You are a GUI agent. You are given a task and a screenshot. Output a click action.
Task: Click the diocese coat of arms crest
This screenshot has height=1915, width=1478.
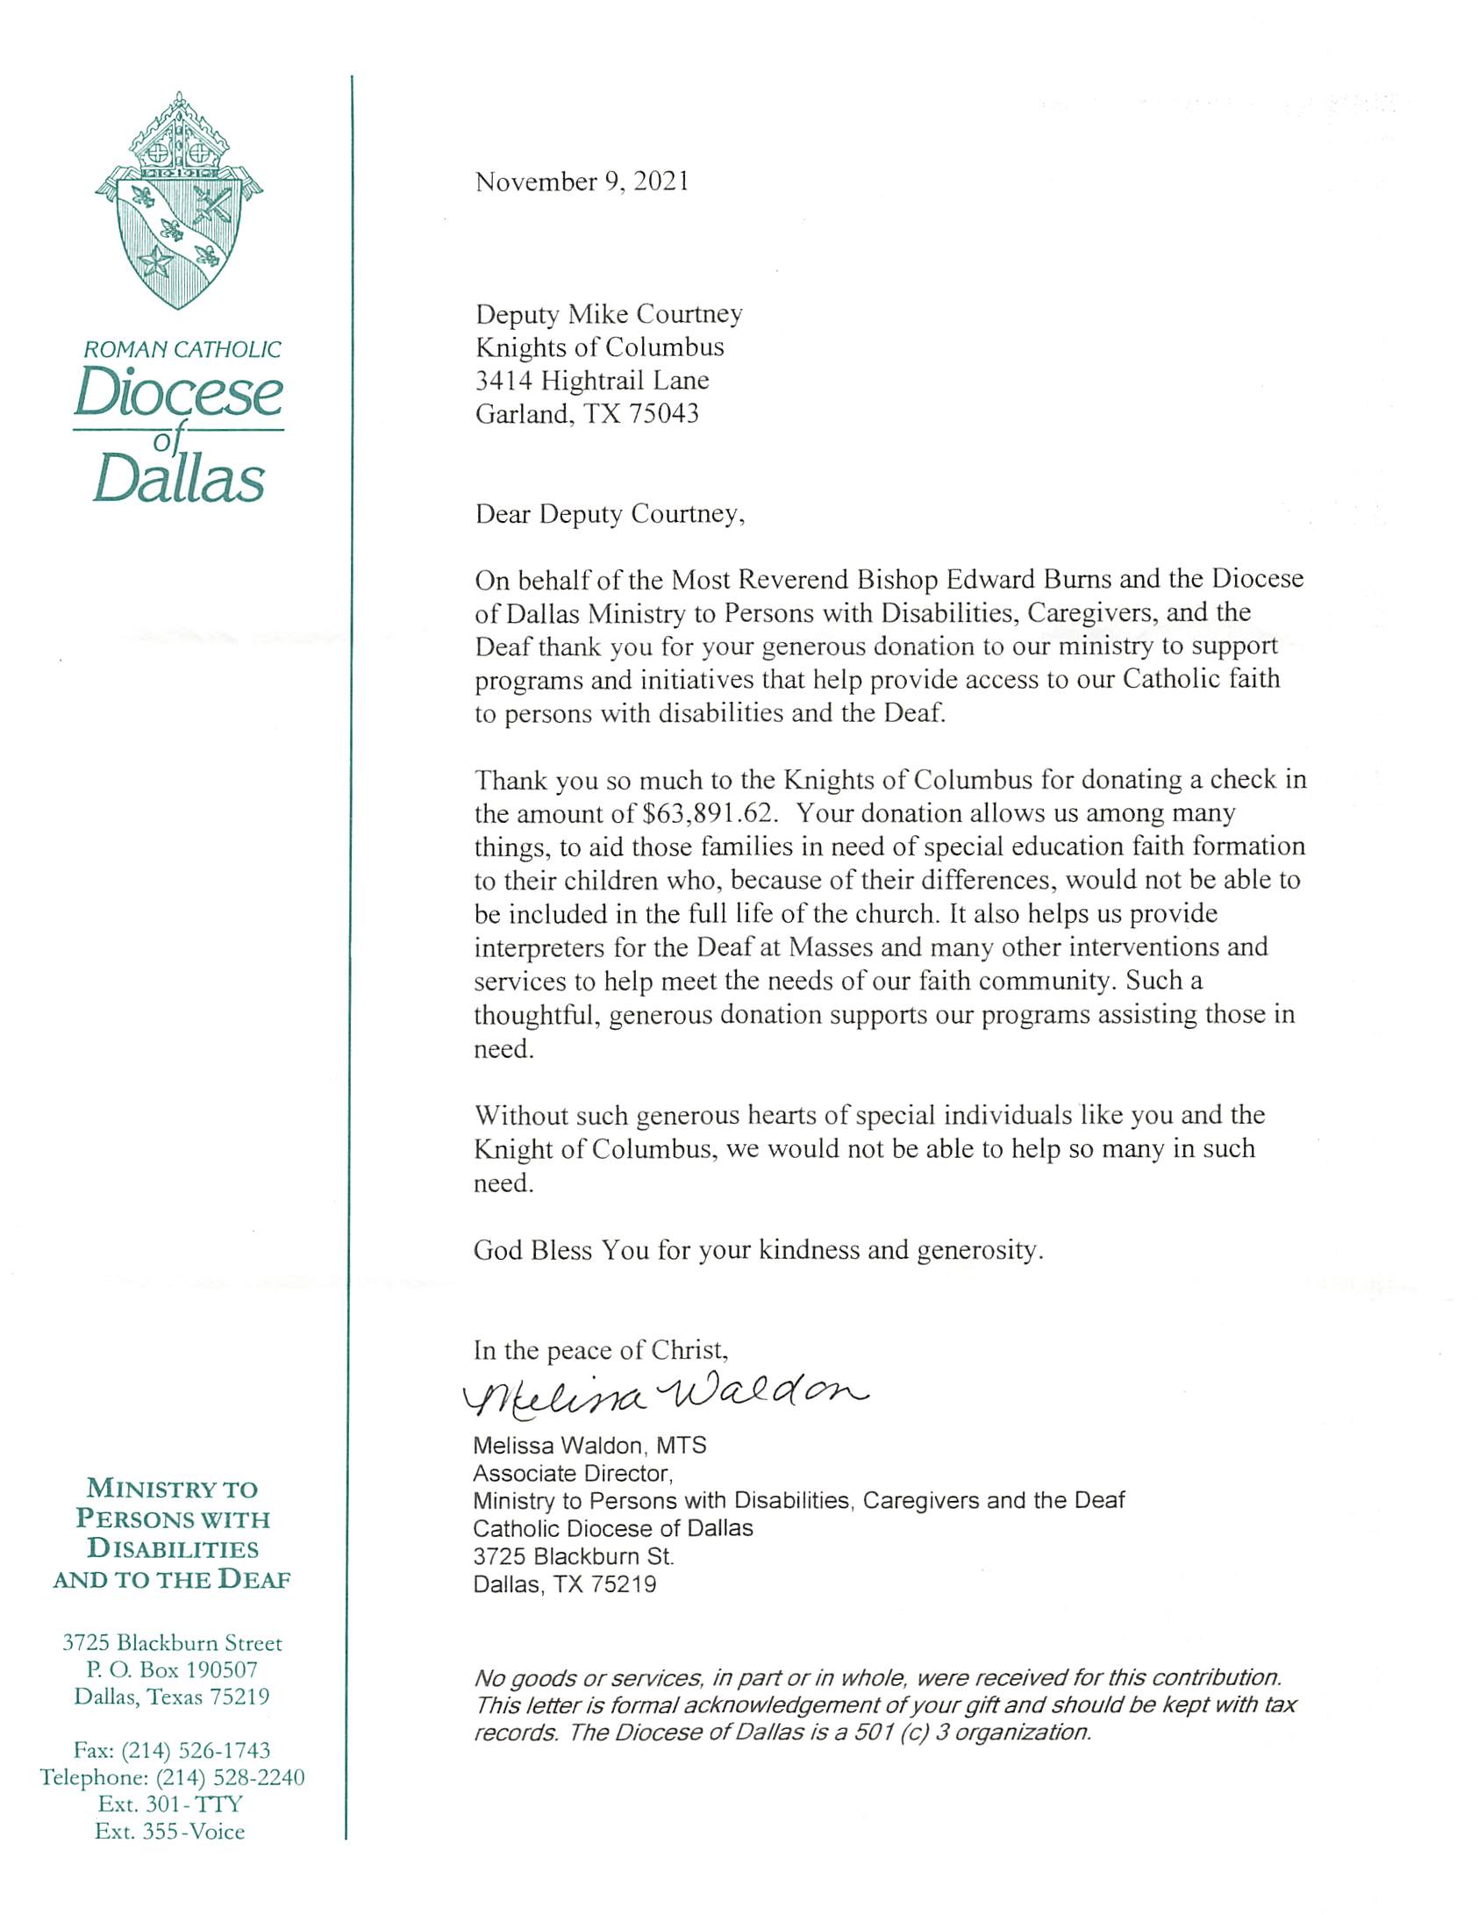(x=179, y=202)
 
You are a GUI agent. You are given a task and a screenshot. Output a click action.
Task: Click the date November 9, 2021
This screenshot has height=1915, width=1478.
(x=582, y=182)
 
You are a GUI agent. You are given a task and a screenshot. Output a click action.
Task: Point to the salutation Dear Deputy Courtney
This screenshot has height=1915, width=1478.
(x=610, y=513)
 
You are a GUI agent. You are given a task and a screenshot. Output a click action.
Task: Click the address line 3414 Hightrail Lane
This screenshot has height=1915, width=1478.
(x=592, y=380)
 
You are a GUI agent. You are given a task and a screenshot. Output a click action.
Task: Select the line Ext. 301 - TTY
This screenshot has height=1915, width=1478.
(x=170, y=1804)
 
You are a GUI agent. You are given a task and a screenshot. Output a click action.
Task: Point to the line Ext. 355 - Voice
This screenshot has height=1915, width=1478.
(x=170, y=1831)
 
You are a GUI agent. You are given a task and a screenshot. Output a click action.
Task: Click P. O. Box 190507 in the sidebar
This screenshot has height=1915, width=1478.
(x=172, y=1669)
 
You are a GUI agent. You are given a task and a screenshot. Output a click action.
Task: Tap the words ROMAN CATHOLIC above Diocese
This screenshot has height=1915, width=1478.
(x=182, y=349)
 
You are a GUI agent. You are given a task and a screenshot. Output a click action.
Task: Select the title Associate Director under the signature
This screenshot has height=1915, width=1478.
(x=573, y=1473)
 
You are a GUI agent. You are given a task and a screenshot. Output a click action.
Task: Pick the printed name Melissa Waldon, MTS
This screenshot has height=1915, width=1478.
(x=589, y=1445)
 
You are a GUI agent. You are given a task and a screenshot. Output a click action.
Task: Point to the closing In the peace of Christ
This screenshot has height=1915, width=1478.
(x=601, y=1349)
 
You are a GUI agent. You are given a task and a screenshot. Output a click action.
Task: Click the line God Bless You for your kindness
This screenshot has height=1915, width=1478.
(x=758, y=1249)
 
